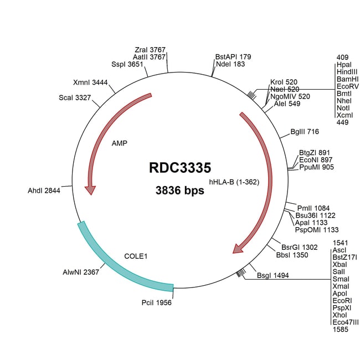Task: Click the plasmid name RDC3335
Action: click(179, 168)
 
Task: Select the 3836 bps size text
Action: click(179, 191)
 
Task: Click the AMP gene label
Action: click(119, 142)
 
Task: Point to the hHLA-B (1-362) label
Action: click(234, 182)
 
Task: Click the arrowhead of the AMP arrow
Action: click(90, 189)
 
